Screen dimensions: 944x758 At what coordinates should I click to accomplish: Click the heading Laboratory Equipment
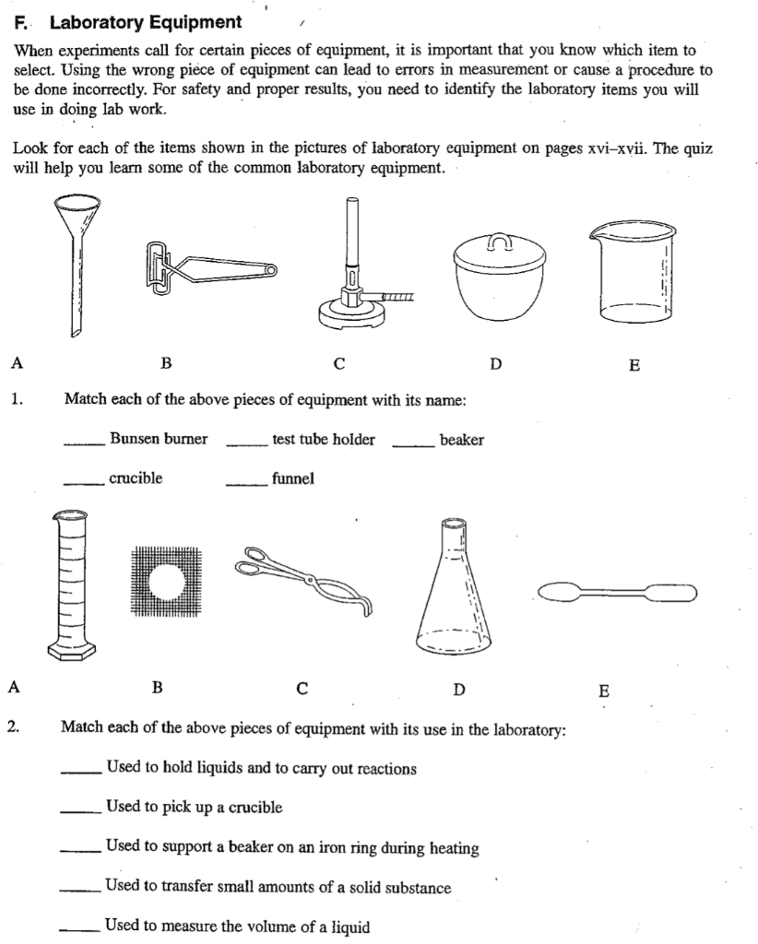pos(146,22)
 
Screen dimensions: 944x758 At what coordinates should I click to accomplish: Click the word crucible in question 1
pos(136,478)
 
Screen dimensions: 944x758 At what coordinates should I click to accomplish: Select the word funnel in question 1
pos(292,478)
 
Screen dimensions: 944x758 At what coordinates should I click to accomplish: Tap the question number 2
pos(14,728)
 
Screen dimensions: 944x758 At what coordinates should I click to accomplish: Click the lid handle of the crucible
pos(499,243)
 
